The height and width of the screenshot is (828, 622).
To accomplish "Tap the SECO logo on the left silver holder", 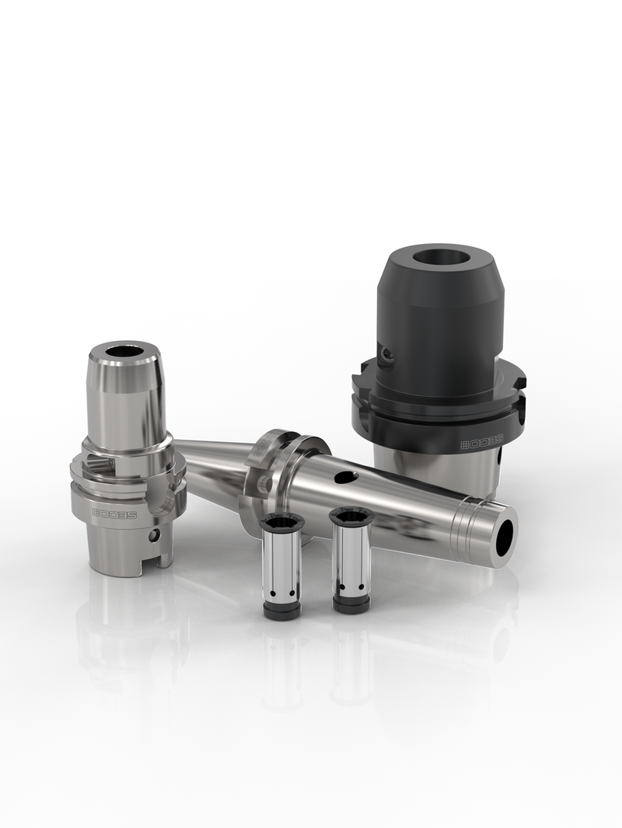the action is pyautogui.click(x=114, y=513).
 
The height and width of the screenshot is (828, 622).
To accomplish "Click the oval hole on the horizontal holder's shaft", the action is pyautogui.click(x=346, y=477).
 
